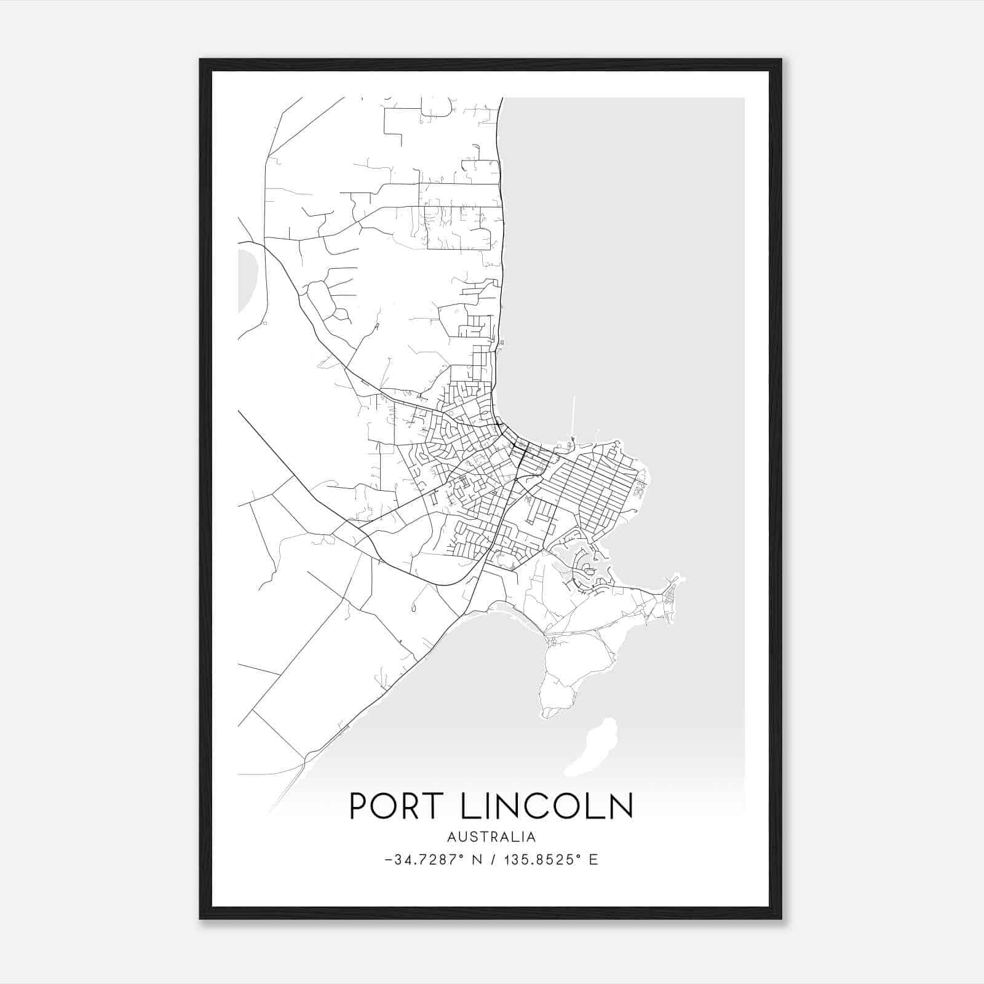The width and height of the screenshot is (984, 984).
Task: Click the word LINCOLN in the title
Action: [x=547, y=806]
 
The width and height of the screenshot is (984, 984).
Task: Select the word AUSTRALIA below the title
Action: [x=491, y=837]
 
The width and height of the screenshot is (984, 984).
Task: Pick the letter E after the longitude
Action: [x=593, y=860]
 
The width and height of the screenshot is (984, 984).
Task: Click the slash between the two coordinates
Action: [x=492, y=860]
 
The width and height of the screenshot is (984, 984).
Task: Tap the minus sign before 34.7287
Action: [x=389, y=860]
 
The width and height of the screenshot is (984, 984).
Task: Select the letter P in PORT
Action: [x=359, y=806]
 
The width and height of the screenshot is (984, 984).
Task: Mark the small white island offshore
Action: [x=592, y=747]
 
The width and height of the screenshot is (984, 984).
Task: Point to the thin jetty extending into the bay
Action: [x=573, y=415]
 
